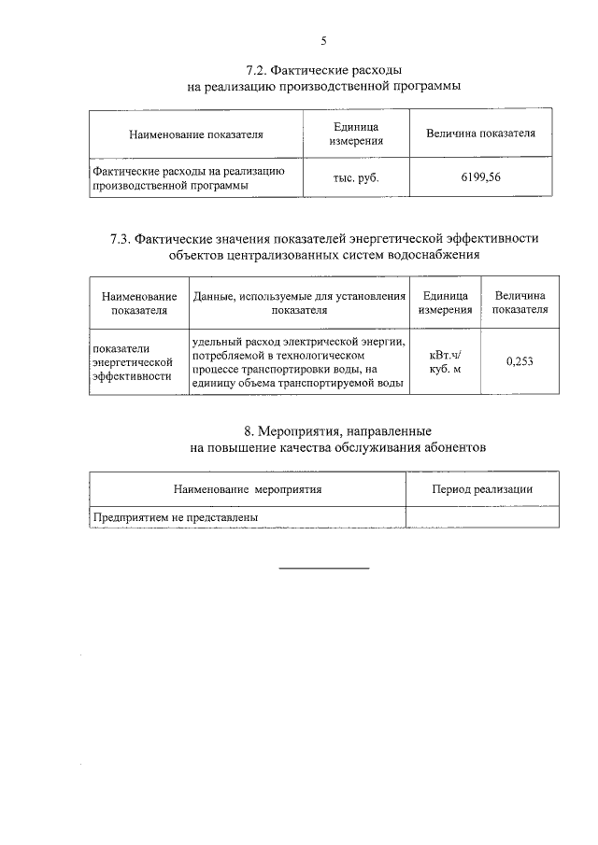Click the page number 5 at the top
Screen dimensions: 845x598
(324, 40)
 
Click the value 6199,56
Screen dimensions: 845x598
(480, 176)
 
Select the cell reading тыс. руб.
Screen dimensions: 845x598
(356, 177)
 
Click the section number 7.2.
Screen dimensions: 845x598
(258, 70)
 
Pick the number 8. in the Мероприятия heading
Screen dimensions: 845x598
(249, 431)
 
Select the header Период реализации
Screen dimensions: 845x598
(482, 488)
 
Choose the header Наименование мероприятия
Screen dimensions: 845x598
(248, 488)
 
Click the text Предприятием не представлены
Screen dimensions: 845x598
(175, 516)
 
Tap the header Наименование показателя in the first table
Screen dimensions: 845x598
(196, 134)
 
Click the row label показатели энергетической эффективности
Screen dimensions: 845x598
(135, 359)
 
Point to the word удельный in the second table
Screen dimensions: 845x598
(217, 340)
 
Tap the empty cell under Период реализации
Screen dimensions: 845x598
(482, 516)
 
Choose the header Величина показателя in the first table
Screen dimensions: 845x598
(480, 134)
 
